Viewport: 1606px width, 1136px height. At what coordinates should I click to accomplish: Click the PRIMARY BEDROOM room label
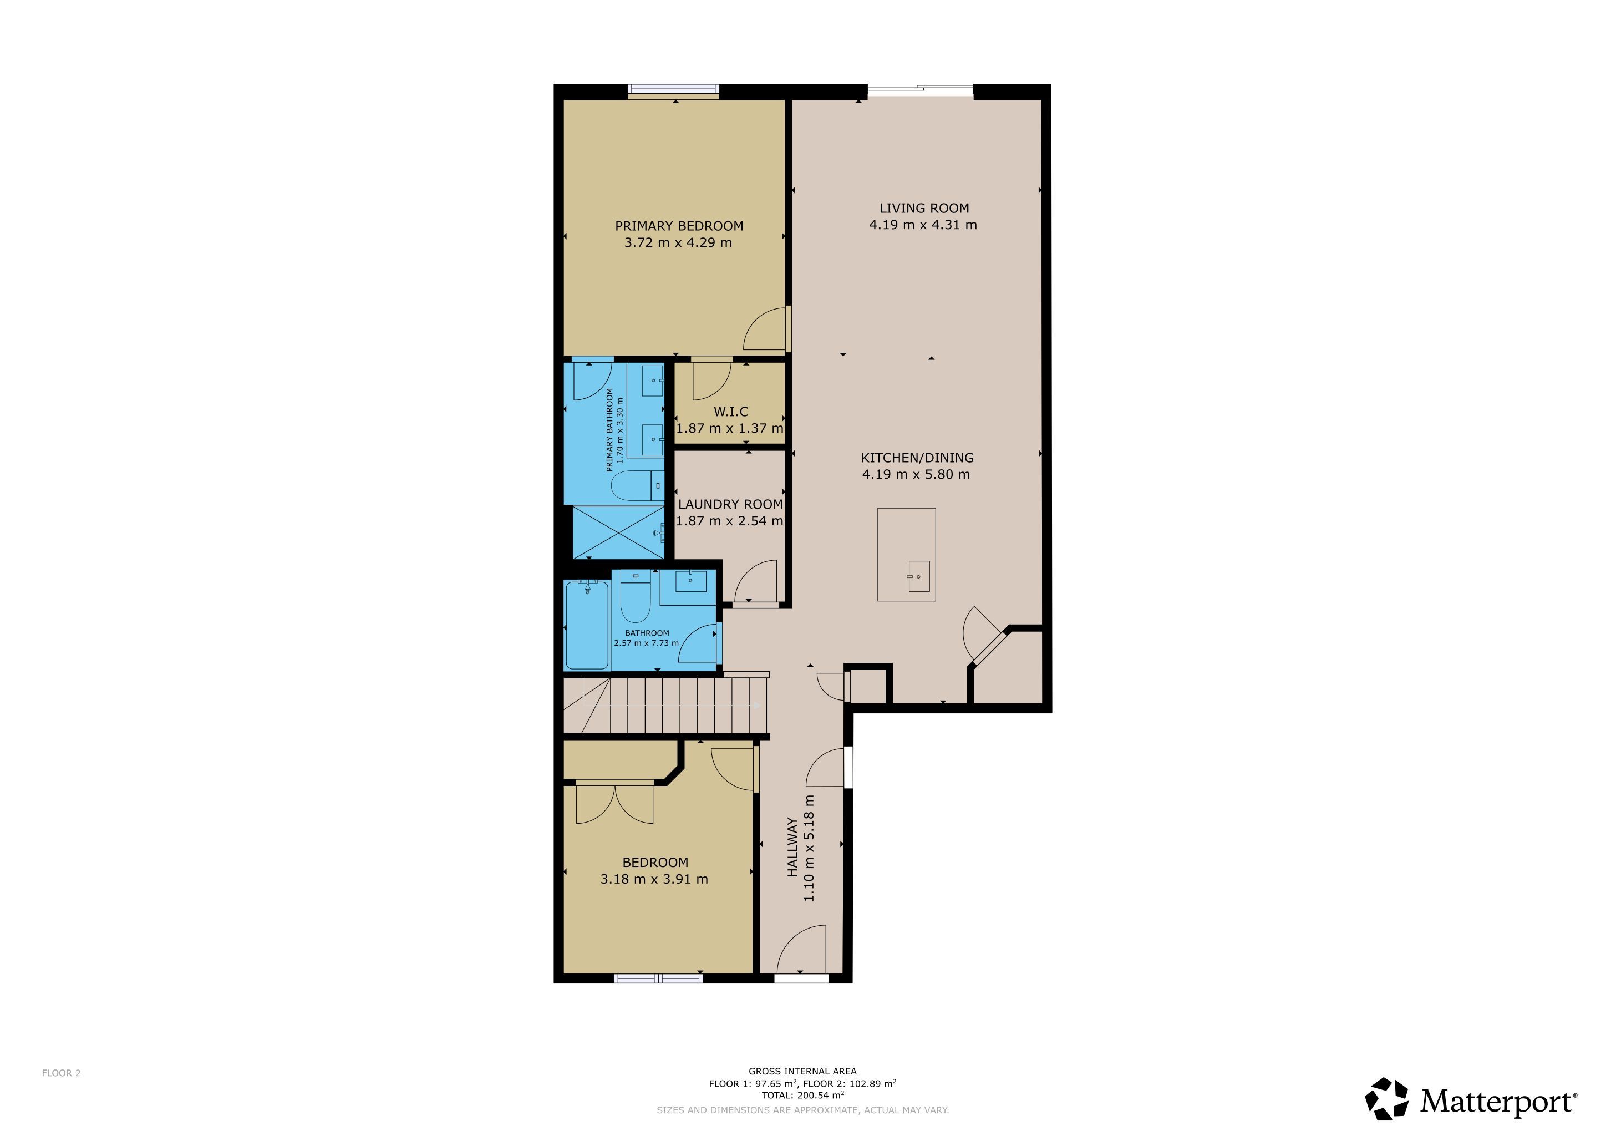pyautogui.click(x=678, y=226)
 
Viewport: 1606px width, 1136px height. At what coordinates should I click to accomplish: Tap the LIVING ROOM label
pyautogui.click(x=924, y=209)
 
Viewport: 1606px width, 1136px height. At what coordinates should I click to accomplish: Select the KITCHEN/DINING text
pyautogui.click(x=917, y=458)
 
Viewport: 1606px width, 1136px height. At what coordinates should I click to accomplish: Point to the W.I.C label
pyautogui.click(x=731, y=412)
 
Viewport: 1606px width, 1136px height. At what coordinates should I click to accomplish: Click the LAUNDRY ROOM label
pyautogui.click(x=730, y=504)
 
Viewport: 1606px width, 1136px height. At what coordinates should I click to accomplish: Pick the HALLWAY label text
pyautogui.click(x=792, y=847)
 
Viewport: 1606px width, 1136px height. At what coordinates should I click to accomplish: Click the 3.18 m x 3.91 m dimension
pyautogui.click(x=654, y=879)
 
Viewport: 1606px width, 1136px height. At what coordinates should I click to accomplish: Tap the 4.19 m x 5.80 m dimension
pyautogui.click(x=916, y=474)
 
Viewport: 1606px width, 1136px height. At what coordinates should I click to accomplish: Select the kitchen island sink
pyautogui.click(x=919, y=576)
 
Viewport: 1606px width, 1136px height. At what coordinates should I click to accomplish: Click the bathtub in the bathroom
pyautogui.click(x=587, y=625)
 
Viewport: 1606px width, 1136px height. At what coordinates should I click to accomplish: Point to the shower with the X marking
pyautogui.click(x=618, y=532)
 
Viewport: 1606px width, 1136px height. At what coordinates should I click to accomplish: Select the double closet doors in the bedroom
pyautogui.click(x=614, y=804)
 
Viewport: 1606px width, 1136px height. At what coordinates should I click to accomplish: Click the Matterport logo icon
pyautogui.click(x=1387, y=1099)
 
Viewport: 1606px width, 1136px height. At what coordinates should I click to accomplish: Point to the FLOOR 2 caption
pyautogui.click(x=62, y=1073)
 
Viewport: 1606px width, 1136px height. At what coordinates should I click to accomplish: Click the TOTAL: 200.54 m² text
pyautogui.click(x=802, y=1096)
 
